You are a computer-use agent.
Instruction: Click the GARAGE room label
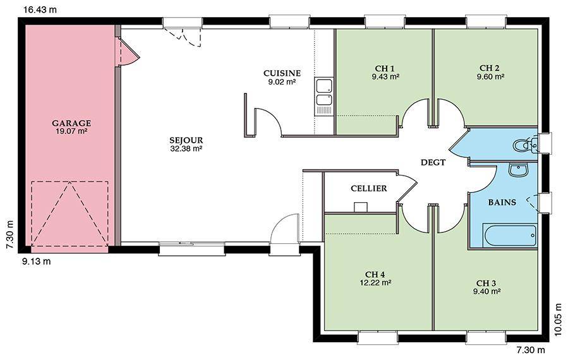[71, 123]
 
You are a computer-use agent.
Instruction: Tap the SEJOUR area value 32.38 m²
[186, 148]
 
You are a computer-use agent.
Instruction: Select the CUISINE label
[282, 73]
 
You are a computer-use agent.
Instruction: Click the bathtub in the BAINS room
[510, 236]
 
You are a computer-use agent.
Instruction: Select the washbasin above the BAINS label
[519, 170]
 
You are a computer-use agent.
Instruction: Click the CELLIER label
[369, 188]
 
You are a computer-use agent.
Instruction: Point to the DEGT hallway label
[433, 162]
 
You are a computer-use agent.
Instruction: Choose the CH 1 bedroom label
[385, 68]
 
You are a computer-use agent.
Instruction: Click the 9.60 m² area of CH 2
[490, 76]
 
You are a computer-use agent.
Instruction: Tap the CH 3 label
[486, 283]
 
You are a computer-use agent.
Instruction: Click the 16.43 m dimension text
[40, 9]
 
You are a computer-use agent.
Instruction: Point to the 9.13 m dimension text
[37, 261]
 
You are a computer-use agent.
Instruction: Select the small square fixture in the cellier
[361, 207]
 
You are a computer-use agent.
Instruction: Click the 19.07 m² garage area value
[71, 131]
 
